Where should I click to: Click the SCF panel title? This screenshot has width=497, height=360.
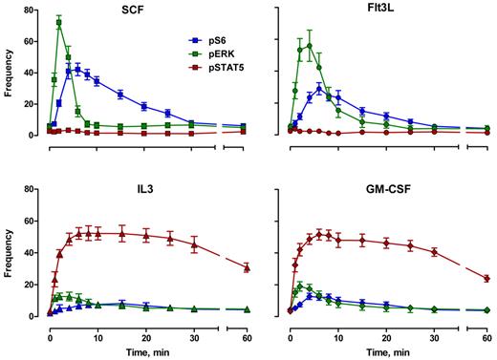point(135,19)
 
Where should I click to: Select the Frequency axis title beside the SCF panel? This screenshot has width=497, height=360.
point(9,73)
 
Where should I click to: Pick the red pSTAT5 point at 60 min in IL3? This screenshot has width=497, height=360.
point(247,267)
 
